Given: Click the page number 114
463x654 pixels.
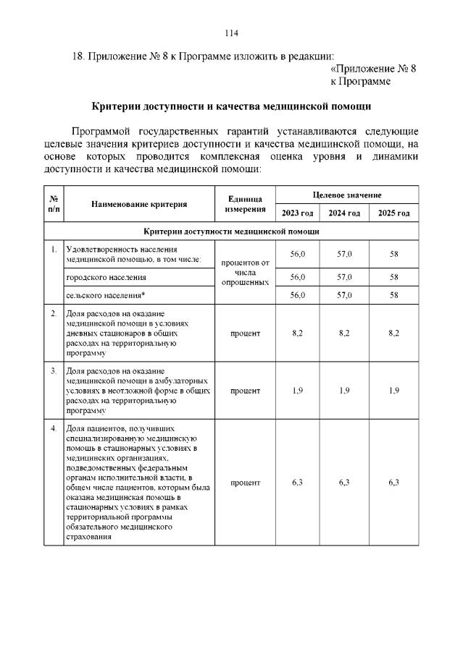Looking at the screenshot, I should pos(231,33).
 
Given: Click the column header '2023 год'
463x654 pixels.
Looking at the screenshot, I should pos(297,213).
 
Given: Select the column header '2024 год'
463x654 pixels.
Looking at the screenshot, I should pos(344,213).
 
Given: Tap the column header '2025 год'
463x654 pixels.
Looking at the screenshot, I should pos(393,213).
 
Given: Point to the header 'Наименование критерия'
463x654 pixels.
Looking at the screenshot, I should pos(139,204).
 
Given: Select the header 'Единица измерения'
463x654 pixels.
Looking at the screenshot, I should pos(245,204).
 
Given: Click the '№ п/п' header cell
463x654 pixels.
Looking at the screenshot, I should pos(54,204).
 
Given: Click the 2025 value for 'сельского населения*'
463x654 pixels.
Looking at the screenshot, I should pos(394,295).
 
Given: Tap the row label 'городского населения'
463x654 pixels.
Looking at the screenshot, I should pos(106,277).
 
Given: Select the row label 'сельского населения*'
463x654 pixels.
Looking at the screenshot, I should pos(105,295).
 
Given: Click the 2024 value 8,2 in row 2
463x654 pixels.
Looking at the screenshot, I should pos(344,333).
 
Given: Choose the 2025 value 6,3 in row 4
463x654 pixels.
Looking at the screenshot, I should pos(394,483).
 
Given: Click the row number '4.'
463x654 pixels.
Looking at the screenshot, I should pos(54,428).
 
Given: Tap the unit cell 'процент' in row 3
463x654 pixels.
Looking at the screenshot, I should pos(245,391).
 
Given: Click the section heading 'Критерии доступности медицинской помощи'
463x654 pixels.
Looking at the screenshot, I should pos(232,232).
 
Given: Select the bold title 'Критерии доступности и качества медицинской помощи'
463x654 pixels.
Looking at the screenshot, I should pos(232,106).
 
